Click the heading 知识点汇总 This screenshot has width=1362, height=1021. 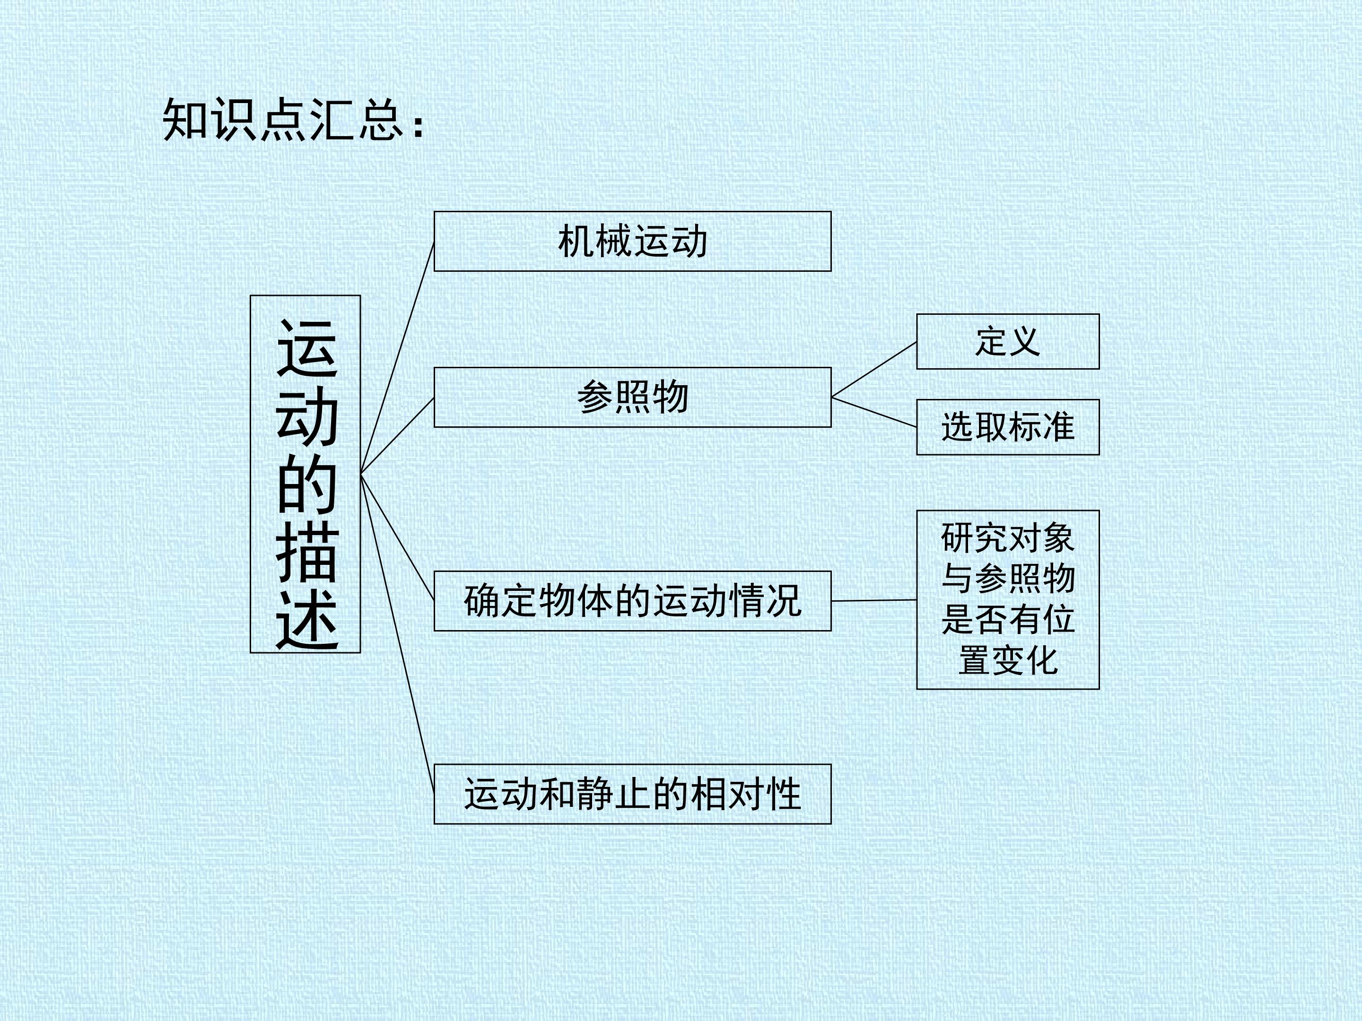(283, 120)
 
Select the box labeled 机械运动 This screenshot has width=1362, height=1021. (632, 241)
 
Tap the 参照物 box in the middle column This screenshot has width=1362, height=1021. (632, 398)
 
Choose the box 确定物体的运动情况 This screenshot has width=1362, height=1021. (632, 601)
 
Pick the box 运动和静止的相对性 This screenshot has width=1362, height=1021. (632, 794)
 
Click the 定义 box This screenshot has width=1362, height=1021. (1008, 342)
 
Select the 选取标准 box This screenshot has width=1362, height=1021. (1008, 427)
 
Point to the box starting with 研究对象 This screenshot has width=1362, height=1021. (1008, 599)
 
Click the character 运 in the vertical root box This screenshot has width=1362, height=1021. (306, 348)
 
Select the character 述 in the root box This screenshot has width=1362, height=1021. (306, 620)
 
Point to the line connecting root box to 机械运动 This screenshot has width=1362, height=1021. (397, 357)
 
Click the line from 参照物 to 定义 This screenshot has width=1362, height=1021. (874, 369)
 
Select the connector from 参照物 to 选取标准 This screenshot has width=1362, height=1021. (874, 412)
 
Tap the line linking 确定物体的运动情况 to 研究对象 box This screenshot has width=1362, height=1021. (874, 600)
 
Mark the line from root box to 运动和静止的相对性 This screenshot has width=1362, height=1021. (397, 634)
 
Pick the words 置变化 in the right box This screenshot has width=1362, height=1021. (1008, 660)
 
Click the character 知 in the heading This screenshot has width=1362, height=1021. (185, 120)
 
